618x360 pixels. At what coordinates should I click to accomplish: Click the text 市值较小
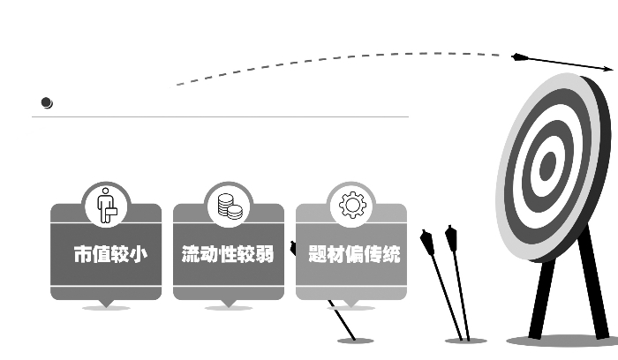[x=109, y=255]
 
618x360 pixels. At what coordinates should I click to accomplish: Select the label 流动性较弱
[x=228, y=255]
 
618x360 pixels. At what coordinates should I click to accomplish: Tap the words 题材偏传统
[x=354, y=255]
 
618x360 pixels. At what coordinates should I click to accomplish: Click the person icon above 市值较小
[x=107, y=206]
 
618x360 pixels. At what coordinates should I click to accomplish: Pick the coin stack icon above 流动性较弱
[x=230, y=206]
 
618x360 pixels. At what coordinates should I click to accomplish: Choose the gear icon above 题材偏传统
[x=352, y=206]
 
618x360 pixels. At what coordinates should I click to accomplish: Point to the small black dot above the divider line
[x=47, y=103]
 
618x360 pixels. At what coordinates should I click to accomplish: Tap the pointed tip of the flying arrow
[x=610, y=68]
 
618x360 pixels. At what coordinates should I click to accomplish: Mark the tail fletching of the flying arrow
[x=520, y=57]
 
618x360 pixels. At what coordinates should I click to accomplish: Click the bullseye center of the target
[x=548, y=166]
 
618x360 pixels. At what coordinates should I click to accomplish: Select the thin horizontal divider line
[x=221, y=116]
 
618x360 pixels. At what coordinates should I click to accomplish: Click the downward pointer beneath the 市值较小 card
[x=107, y=304]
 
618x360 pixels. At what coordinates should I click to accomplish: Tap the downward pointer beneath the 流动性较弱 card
[x=229, y=304]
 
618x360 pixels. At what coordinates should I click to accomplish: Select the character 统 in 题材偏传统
[x=391, y=255]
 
